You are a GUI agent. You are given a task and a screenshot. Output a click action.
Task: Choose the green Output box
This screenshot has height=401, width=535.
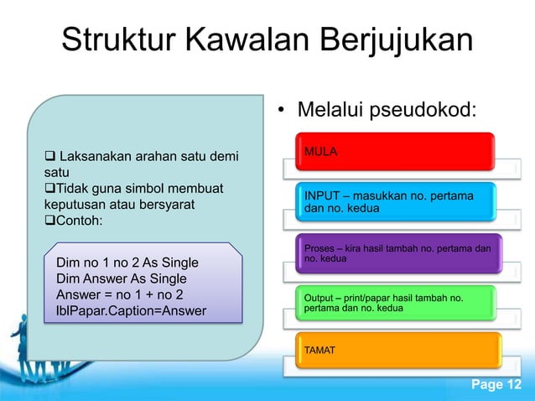(x=394, y=305)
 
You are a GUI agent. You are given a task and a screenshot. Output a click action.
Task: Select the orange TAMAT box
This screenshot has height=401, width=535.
(x=394, y=350)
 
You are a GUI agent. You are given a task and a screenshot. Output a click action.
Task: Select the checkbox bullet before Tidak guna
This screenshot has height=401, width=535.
(x=49, y=187)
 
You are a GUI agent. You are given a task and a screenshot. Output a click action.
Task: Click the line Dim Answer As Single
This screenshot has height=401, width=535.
(x=121, y=279)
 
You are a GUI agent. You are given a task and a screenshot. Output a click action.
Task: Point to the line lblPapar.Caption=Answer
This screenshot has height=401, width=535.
(x=133, y=310)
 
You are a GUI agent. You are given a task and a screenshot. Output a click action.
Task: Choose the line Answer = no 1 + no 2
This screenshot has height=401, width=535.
(x=119, y=294)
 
